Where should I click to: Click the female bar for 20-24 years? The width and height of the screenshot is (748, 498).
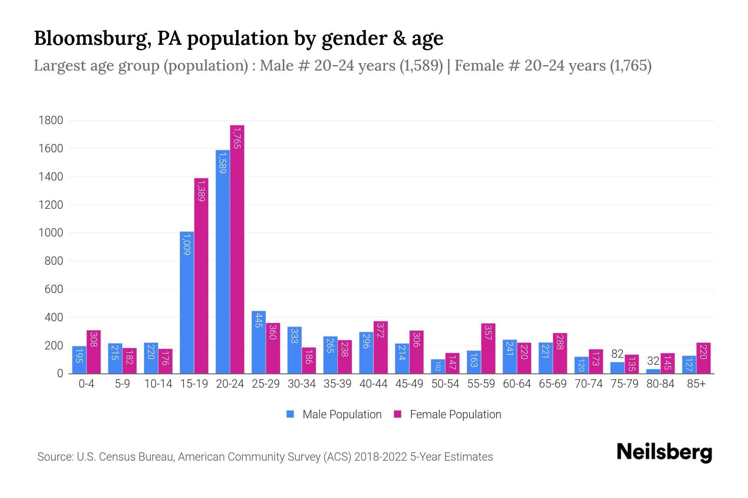(237, 249)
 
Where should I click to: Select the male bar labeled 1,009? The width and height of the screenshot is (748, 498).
(187, 303)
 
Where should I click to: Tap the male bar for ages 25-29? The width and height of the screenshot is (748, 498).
(258, 342)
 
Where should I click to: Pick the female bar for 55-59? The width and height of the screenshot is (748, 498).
(488, 349)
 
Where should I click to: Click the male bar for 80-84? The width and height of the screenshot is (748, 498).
(653, 371)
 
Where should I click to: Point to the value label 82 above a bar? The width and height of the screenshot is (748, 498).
(617, 354)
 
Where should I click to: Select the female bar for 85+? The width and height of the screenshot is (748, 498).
(704, 358)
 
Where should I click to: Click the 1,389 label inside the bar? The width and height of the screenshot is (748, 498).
(201, 190)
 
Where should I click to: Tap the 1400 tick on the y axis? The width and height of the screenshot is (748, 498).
(51, 177)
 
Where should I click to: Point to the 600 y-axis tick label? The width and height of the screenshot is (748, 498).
(54, 289)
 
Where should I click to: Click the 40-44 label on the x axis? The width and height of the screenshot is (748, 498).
(373, 384)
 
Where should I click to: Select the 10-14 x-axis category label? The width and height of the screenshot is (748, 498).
(158, 384)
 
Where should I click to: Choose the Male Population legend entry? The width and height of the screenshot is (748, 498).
(342, 415)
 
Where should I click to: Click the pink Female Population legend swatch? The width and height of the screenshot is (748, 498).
(398, 414)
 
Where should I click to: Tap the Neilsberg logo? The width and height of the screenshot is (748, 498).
(664, 452)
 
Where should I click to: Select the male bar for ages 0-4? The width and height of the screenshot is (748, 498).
(79, 360)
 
